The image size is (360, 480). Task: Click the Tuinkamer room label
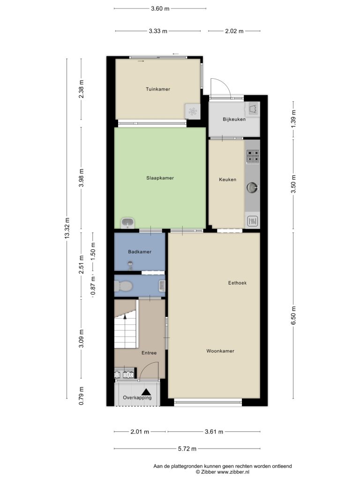click(157, 89)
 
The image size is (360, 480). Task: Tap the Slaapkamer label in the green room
click(160, 178)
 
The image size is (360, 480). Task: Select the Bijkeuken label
click(234, 120)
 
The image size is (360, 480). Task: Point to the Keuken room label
click(227, 180)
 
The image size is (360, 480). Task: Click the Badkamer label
click(140, 252)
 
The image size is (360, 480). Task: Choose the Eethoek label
click(237, 283)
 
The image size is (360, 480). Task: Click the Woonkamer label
click(220, 351)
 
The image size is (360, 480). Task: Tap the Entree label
click(149, 353)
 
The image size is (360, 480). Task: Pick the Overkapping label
click(137, 397)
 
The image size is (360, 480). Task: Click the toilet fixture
click(123, 286)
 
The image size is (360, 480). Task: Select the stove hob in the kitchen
click(253, 156)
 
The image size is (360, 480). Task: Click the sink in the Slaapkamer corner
click(127, 223)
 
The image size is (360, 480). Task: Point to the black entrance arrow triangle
click(146, 391)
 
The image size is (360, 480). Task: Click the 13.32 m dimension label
click(67, 228)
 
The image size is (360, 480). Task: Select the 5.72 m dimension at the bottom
click(187, 449)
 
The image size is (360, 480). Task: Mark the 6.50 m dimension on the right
click(293, 315)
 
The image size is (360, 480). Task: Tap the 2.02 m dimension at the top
click(234, 31)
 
